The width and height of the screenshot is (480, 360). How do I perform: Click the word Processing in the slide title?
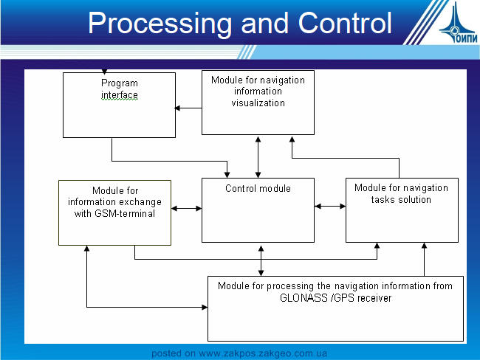pos(160,24)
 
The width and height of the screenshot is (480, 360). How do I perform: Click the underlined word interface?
pos(120,95)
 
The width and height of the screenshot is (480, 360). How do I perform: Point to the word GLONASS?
pos(304,298)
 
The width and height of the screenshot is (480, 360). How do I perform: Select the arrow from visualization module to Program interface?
pos(188,108)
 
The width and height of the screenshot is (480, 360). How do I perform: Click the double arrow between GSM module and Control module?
pos(186,209)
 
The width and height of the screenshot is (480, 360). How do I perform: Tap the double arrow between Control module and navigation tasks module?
pos(330,206)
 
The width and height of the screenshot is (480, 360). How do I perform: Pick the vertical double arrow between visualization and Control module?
pos(258,157)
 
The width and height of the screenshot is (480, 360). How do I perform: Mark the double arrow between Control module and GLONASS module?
pos(261,260)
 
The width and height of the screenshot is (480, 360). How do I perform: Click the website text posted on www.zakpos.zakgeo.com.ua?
pos(239,353)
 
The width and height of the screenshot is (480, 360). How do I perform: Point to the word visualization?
pos(258,103)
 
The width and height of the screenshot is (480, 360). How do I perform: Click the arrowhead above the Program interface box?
pos(104,72)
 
